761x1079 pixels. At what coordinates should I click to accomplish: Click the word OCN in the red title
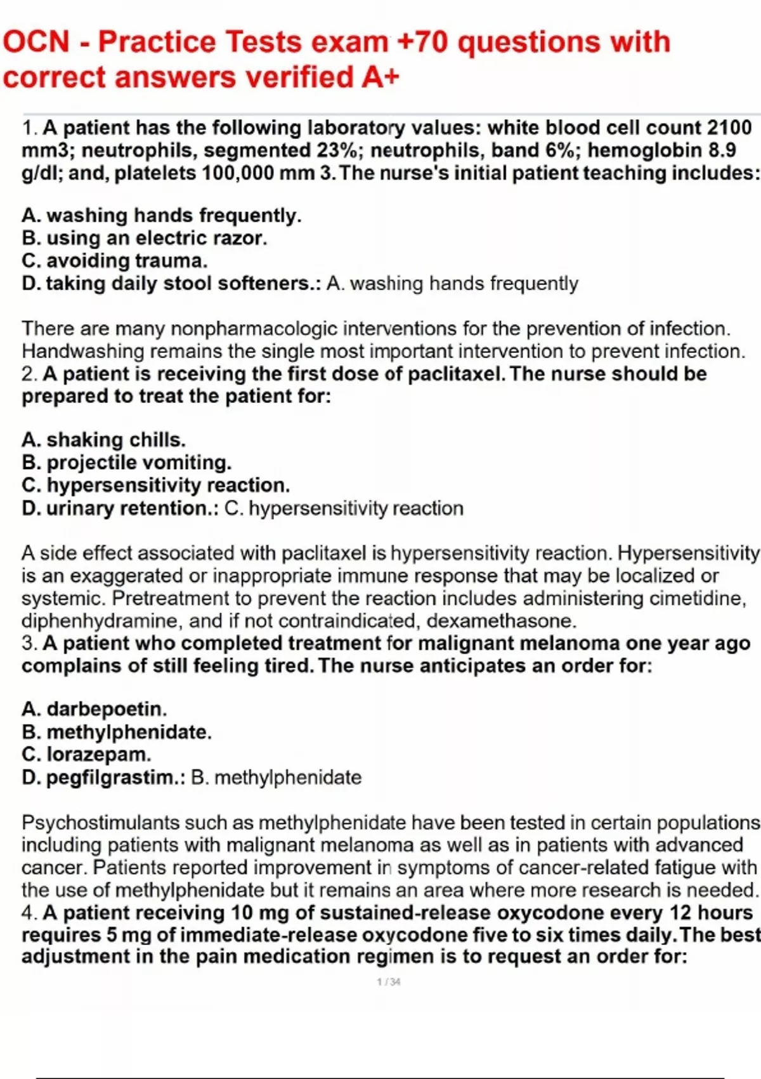point(36,42)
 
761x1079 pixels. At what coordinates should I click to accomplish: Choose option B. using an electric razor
point(144,238)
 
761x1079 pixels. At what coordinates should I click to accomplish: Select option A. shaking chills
point(103,439)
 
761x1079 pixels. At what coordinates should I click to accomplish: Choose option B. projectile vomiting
point(126,462)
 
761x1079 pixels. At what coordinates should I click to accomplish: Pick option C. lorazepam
point(86,755)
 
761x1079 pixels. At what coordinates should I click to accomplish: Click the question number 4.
point(29,913)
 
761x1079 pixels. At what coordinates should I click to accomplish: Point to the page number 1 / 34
point(388,982)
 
